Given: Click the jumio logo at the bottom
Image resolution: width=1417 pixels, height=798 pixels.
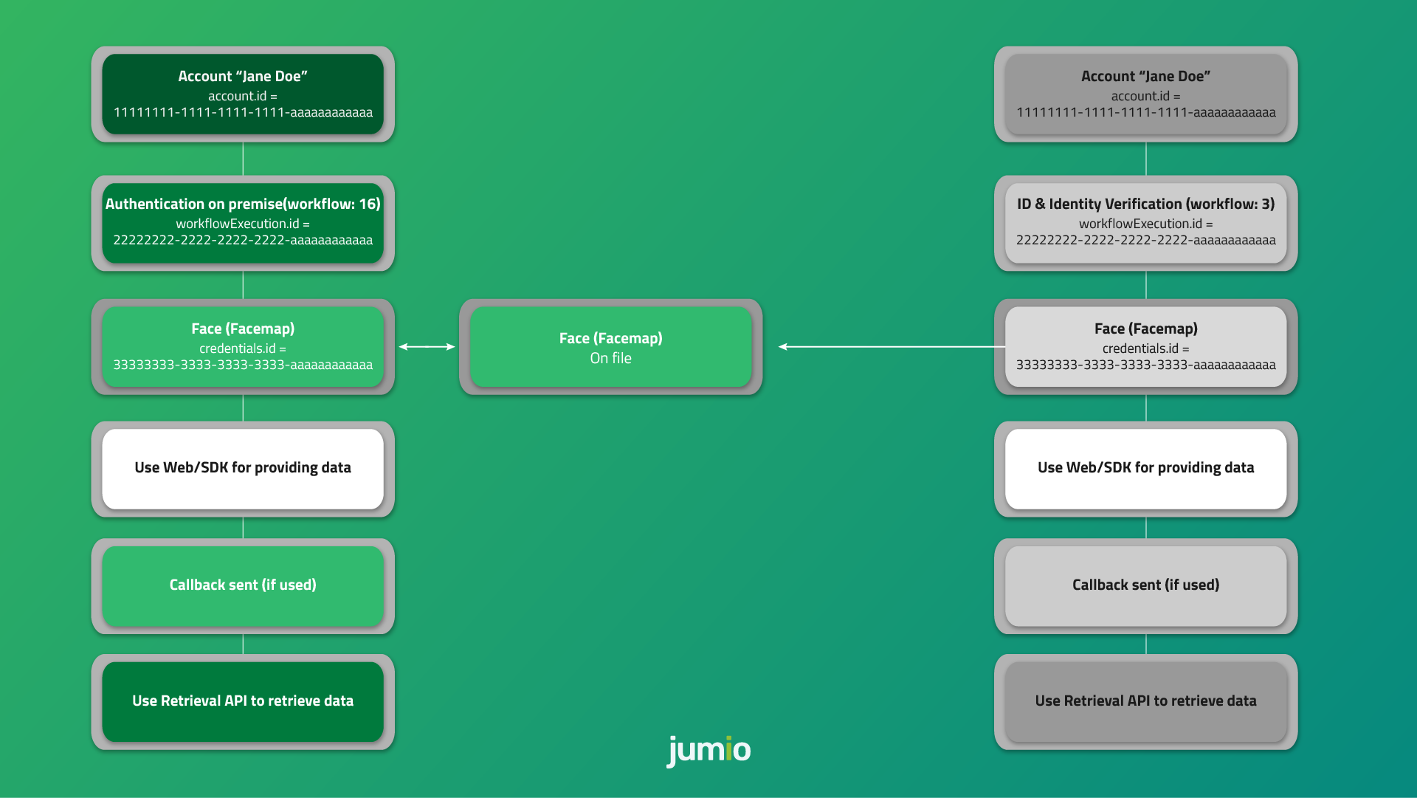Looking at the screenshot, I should coord(708,750).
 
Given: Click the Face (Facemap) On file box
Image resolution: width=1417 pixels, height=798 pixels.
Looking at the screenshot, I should coord(610,347).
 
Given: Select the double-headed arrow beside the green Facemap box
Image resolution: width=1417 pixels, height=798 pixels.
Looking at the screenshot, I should coord(427,346).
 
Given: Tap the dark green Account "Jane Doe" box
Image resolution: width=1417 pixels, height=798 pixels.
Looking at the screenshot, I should coord(243,94).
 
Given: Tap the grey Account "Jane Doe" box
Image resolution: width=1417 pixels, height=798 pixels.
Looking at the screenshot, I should coord(1145,94).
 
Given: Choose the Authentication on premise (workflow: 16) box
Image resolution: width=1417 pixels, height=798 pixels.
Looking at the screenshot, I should coord(243,222).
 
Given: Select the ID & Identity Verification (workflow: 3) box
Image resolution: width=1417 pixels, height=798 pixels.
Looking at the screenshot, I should coord(1145,222).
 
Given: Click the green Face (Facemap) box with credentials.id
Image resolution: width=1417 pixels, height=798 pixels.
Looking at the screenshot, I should coord(243,346).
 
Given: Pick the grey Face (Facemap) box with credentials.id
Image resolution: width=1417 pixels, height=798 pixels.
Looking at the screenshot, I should coord(1145,346).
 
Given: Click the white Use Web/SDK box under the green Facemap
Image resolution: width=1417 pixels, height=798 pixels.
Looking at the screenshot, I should coord(243,468).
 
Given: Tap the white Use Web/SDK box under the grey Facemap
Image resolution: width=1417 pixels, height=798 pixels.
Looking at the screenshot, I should coord(1145,468).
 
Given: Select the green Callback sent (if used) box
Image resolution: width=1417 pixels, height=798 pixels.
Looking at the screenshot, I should coord(243,585).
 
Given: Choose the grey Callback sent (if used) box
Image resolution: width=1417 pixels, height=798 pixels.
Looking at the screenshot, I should coord(1145,585).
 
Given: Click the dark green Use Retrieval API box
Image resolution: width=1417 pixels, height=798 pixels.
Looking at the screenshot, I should coord(243,701).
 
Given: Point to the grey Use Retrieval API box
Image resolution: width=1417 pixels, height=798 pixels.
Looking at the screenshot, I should coord(1145,701).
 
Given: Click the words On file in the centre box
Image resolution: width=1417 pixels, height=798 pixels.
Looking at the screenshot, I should coord(610,359).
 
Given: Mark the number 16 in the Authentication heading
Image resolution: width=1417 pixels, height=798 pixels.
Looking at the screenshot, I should coord(368,204).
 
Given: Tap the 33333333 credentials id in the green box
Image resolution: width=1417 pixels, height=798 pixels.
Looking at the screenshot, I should coord(243,365).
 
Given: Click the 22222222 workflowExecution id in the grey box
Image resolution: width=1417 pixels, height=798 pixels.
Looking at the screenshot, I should coord(1145,241).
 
